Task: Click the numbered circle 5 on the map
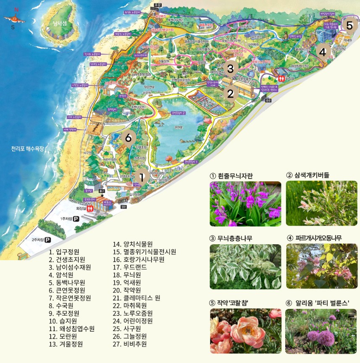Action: click(349, 25)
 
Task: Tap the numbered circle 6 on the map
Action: click(129, 137)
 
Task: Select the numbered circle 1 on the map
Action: click(142, 178)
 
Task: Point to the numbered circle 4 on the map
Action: click(322, 52)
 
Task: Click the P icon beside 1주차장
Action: click(76, 219)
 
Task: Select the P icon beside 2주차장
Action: click(48, 240)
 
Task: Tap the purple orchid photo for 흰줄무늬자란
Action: click(245, 204)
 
